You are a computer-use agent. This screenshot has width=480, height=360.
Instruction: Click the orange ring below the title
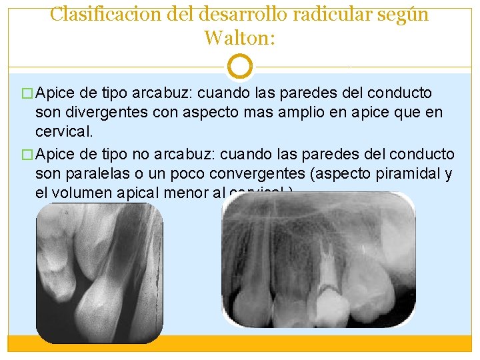click(x=239, y=67)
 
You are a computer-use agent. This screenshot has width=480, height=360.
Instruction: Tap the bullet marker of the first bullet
click(x=27, y=93)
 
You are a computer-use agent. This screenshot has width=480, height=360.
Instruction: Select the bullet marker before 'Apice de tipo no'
click(x=27, y=155)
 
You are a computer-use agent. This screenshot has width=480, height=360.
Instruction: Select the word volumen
click(x=84, y=195)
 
